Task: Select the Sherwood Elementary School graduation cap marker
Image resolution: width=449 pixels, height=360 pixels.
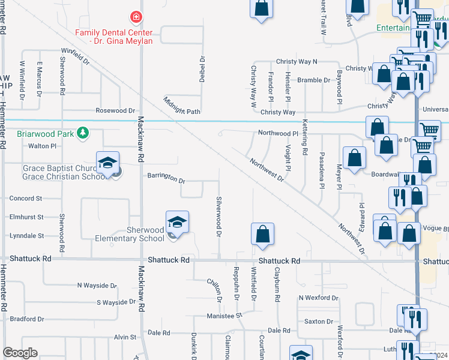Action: pos(178,223)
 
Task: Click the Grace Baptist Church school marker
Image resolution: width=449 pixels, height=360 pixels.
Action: pos(107,163)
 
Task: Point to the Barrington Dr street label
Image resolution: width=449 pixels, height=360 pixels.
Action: pos(166,178)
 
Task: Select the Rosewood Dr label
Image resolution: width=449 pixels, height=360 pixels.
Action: pos(115,110)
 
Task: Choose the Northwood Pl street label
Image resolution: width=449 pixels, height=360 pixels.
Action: pos(278,133)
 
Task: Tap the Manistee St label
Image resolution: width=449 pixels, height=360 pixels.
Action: pos(224,316)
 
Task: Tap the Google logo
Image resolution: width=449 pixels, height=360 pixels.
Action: pos(20,353)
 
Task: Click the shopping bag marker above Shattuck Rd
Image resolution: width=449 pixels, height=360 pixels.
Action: pos(262,234)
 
